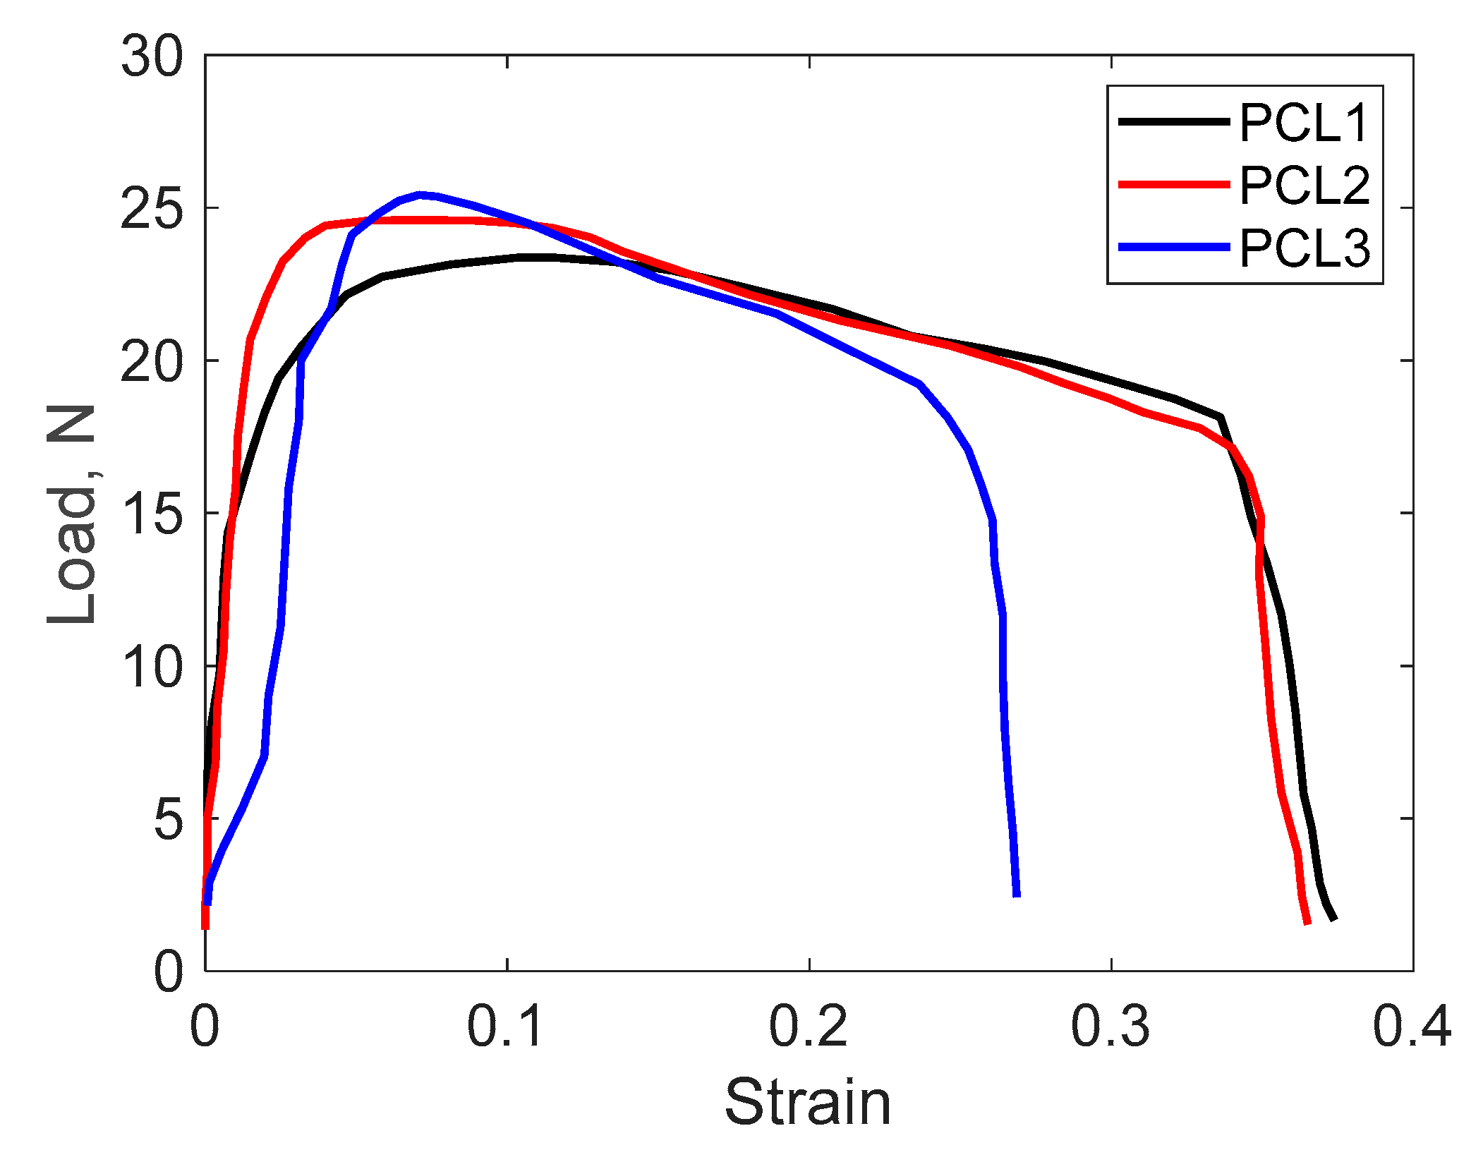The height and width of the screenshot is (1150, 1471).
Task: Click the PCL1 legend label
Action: [x=1304, y=123]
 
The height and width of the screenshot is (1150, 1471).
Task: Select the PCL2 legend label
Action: [x=1304, y=186]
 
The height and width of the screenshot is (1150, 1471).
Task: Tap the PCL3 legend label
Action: [x=1304, y=248]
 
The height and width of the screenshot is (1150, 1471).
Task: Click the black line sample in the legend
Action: [x=1174, y=122]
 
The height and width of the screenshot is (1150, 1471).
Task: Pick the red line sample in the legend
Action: [x=1174, y=184]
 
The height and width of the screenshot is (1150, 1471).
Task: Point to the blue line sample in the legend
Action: [x=1174, y=247]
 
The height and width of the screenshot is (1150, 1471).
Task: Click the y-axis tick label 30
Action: [x=152, y=56]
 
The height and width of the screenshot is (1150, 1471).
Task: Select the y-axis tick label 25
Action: [x=152, y=209]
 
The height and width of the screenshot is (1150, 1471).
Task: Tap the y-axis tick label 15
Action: [x=152, y=514]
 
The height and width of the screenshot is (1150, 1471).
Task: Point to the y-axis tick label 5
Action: [x=168, y=819]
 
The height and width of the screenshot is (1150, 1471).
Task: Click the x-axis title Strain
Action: [x=808, y=1103]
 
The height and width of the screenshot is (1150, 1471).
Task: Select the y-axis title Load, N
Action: [x=71, y=514]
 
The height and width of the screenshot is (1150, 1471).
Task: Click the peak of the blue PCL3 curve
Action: [x=420, y=194]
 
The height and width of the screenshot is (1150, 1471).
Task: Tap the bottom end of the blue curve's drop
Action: [x=1017, y=895]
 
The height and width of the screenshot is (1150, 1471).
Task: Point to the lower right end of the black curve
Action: [x=1333, y=919]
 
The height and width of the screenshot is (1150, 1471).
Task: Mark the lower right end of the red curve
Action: [x=1307, y=922]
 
